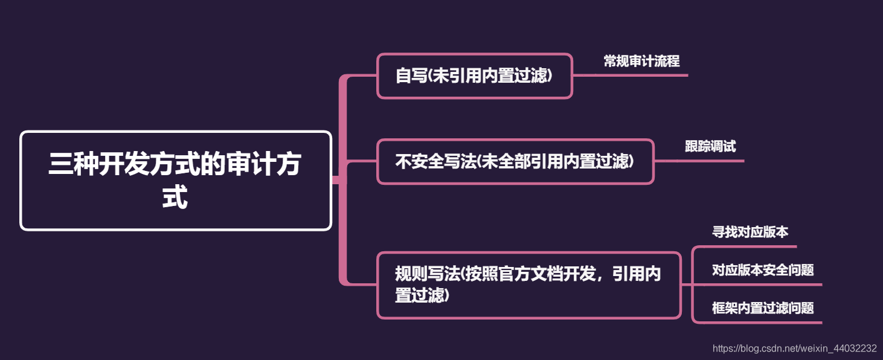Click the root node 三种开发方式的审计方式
176,180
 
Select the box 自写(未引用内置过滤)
474,76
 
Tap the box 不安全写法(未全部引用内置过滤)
515,161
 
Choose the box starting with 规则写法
528,284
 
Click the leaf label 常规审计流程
641,61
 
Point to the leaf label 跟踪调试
710,146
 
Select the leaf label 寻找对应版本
750,232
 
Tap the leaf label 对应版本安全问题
763,270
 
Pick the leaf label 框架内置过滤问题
763,308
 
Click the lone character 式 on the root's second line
175,196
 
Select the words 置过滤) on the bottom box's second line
422,296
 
